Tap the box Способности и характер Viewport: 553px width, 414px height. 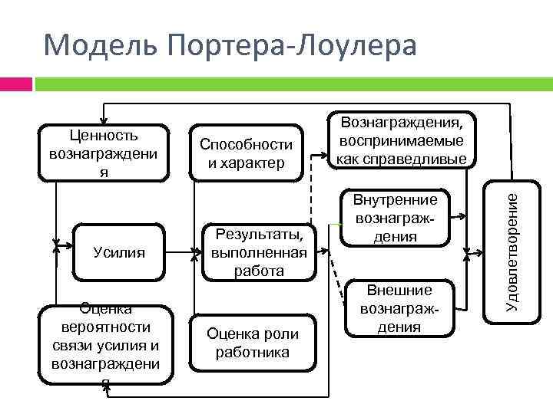click(x=246, y=153)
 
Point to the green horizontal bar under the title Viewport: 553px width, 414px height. click(x=292, y=84)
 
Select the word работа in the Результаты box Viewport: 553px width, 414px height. click(x=258, y=271)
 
